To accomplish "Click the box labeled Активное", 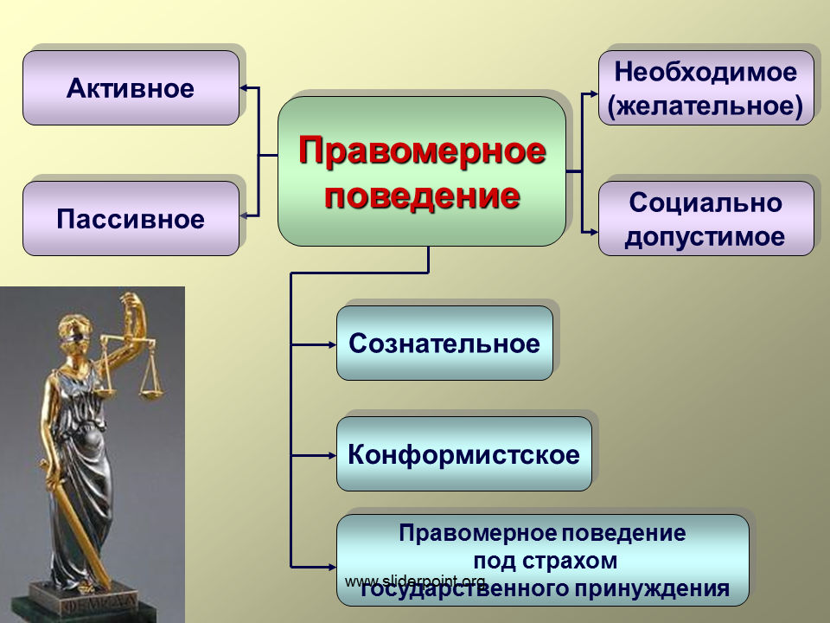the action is click(x=131, y=88).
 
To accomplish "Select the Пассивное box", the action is click(x=131, y=218).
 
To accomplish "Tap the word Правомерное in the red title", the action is click(x=422, y=151).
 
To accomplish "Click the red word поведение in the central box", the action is click(x=422, y=196).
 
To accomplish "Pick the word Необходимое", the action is click(x=705, y=72).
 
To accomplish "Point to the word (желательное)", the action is click(x=705, y=106).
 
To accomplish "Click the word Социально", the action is click(x=705, y=202).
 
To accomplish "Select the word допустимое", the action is click(x=705, y=237).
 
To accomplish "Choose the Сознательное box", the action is click(x=444, y=344).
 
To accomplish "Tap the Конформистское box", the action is click(x=464, y=454).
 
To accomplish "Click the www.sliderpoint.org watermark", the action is click(x=415, y=581).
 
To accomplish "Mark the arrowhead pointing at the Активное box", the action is click(x=245, y=88).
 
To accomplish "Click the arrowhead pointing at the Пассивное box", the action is click(x=245, y=216).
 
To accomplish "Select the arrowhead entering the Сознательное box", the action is click(x=331, y=345).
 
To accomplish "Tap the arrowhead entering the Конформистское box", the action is click(x=331, y=456).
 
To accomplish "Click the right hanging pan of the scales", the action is click(x=151, y=394).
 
